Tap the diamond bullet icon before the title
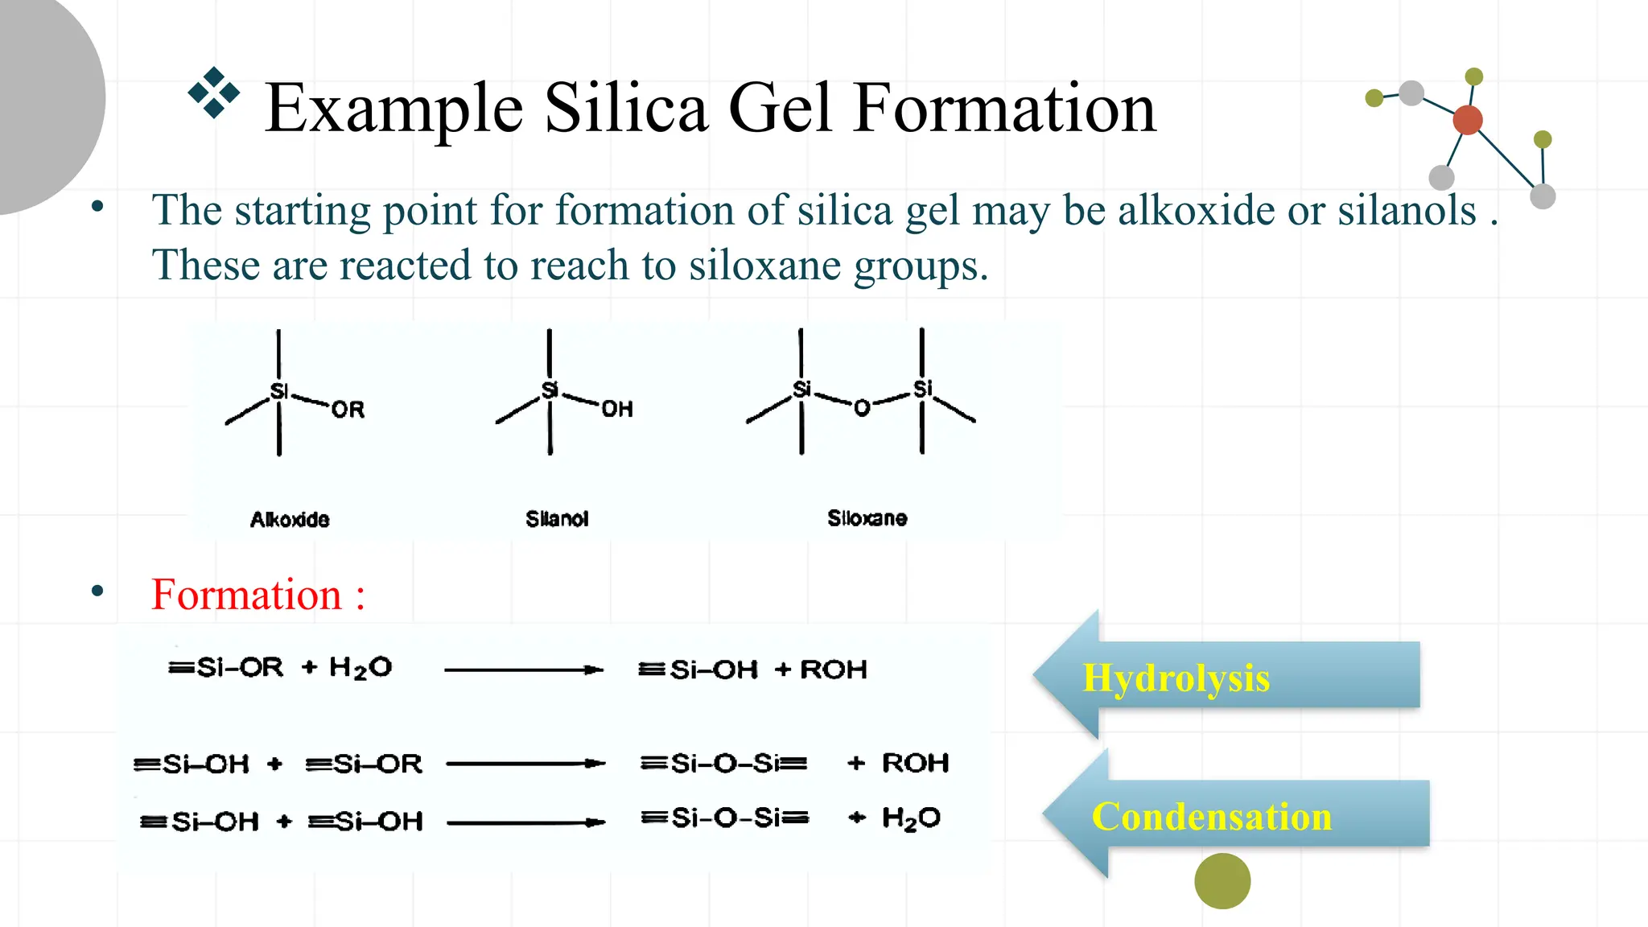tap(213, 93)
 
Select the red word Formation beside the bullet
tap(247, 595)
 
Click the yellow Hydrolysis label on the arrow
tap(1176, 678)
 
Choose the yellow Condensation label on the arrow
tap(1211, 816)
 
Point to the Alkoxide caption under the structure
tap(290, 519)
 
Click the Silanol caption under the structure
tap(557, 519)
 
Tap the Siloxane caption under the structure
tap(867, 518)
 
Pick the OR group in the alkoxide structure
tap(348, 410)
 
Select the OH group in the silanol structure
tap(617, 409)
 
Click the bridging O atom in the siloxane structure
tap(862, 408)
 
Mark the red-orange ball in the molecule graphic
tap(1468, 120)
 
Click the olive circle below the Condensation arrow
tap(1222, 881)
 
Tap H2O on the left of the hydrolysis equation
tap(360, 668)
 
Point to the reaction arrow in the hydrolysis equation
tap(523, 669)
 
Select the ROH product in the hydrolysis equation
tap(834, 669)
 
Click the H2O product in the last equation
tap(911, 818)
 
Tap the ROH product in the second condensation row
tap(916, 763)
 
